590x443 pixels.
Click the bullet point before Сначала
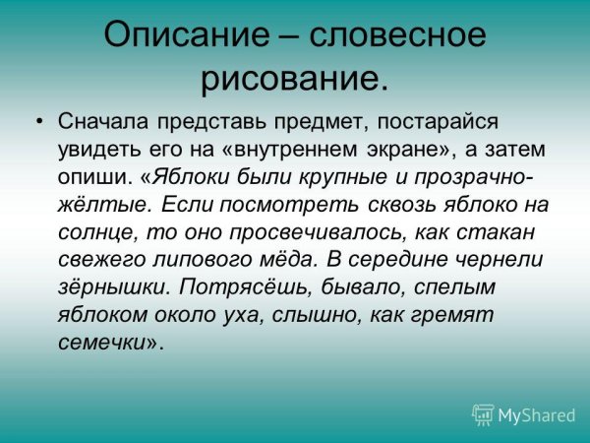tap(38, 122)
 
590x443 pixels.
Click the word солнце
tap(99, 232)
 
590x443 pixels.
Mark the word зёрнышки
tap(114, 287)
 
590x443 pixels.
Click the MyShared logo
tap(523, 414)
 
